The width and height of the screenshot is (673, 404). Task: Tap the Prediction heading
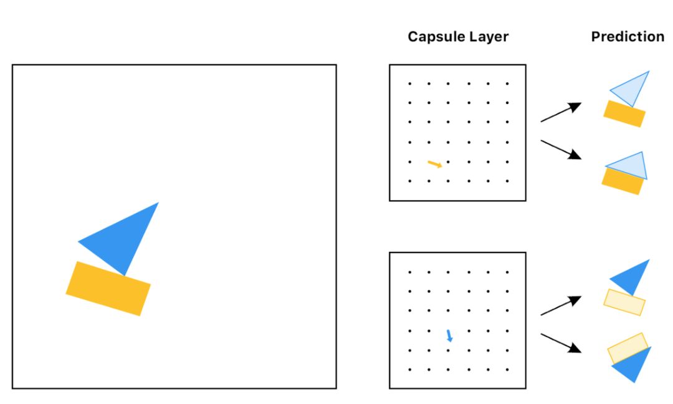click(628, 37)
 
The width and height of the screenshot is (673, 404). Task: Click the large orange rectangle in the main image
click(108, 288)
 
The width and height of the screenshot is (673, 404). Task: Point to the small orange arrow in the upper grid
click(435, 164)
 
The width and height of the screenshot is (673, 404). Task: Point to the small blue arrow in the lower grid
click(449, 336)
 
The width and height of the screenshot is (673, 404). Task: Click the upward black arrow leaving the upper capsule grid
click(560, 112)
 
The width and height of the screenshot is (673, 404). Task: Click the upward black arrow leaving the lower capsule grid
click(560, 305)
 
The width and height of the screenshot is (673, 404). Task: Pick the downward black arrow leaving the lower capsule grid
click(560, 343)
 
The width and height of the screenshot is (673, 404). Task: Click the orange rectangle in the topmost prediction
click(624, 114)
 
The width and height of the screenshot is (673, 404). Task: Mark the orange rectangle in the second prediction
click(622, 181)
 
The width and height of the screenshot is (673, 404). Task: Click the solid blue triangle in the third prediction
click(632, 277)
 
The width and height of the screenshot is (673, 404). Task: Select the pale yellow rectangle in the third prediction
click(624, 302)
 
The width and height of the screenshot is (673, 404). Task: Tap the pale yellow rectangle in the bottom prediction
click(628, 348)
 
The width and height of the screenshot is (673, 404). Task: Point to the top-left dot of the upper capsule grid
click(409, 83)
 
